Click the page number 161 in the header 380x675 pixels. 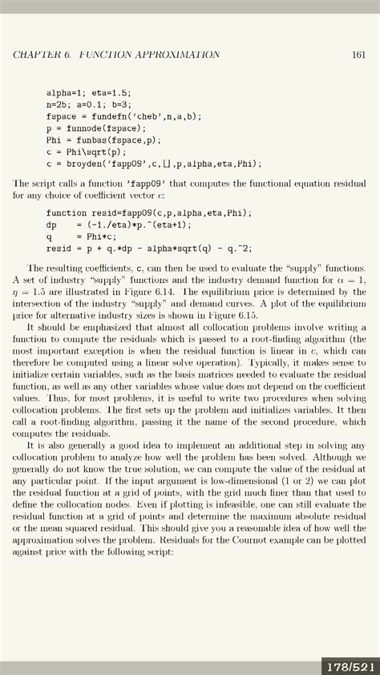358,55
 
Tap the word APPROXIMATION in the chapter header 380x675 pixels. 174,55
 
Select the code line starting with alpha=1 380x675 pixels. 88,93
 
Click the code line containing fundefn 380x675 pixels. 124,116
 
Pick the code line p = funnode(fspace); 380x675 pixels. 96,128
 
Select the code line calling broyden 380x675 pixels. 154,164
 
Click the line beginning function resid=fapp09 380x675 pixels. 148,212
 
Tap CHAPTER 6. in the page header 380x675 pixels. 42,55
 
